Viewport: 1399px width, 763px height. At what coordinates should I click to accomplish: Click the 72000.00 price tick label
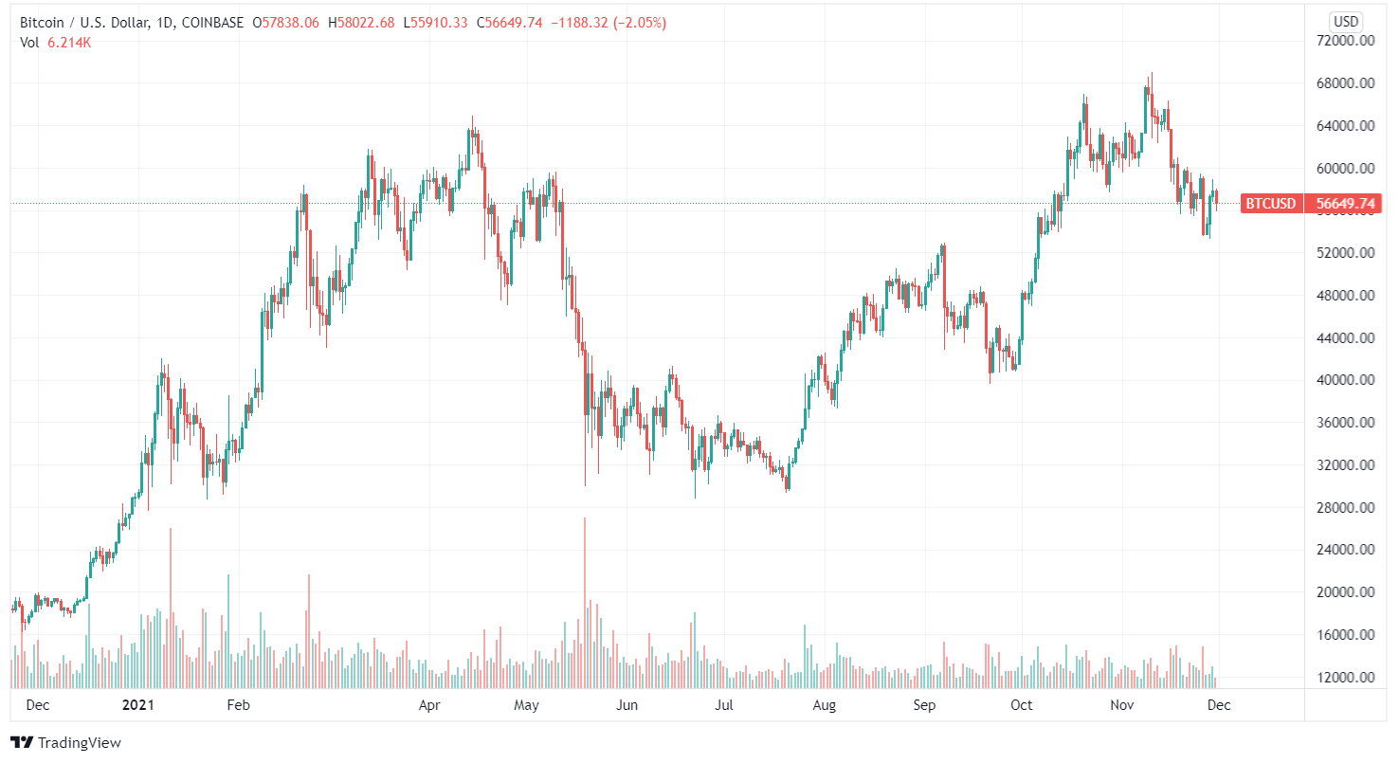click(x=1347, y=41)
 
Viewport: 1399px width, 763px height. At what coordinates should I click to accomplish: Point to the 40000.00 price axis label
click(x=1347, y=380)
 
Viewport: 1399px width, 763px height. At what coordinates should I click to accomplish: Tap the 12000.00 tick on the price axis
click(x=1347, y=678)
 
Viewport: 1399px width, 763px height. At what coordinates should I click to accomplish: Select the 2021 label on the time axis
click(x=138, y=705)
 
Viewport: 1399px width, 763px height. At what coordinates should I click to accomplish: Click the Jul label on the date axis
click(x=724, y=705)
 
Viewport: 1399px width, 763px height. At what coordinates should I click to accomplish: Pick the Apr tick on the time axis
click(x=430, y=705)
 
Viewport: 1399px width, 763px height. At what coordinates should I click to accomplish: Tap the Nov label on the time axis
click(x=1122, y=705)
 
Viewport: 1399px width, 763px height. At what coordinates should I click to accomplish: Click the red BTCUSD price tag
click(x=1270, y=203)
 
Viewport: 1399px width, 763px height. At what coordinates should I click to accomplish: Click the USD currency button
click(x=1346, y=21)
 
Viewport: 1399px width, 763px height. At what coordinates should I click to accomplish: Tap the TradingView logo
click(x=65, y=743)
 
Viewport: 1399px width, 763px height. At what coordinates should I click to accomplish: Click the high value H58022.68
click(x=361, y=23)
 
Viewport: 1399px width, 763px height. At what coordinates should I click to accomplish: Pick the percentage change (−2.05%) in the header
click(x=638, y=23)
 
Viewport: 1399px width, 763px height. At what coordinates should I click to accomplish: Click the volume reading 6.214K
click(x=69, y=42)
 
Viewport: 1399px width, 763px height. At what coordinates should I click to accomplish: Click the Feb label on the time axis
click(x=238, y=705)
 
